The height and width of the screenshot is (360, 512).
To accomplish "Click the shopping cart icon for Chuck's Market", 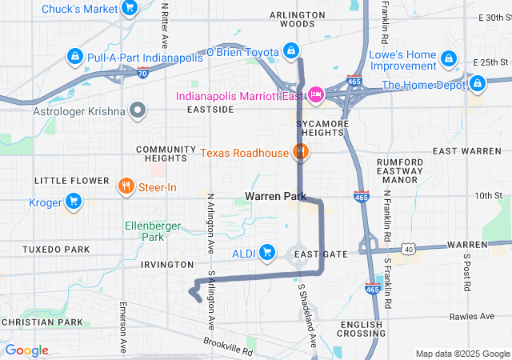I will click(x=129, y=9).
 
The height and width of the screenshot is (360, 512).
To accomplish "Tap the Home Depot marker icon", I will click(x=478, y=83).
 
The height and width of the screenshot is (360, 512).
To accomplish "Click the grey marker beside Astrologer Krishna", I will click(x=138, y=110).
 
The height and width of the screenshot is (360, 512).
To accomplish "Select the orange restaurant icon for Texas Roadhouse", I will click(x=300, y=151).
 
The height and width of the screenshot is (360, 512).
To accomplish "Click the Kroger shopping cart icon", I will click(x=74, y=201).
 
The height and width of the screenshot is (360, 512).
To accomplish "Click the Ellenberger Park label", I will click(x=149, y=231).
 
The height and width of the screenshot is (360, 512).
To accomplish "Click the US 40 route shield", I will click(x=408, y=250).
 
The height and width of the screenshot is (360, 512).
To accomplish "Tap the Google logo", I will click(x=26, y=350).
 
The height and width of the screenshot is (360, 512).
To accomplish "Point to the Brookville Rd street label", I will click(x=227, y=346).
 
